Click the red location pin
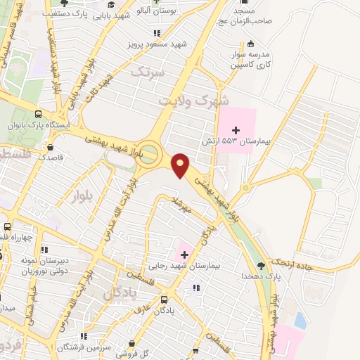[181, 165]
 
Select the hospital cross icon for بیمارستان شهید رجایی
[186, 254]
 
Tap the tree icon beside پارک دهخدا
[262, 266]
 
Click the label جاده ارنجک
[290, 262]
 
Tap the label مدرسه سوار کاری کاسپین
[250, 58]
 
